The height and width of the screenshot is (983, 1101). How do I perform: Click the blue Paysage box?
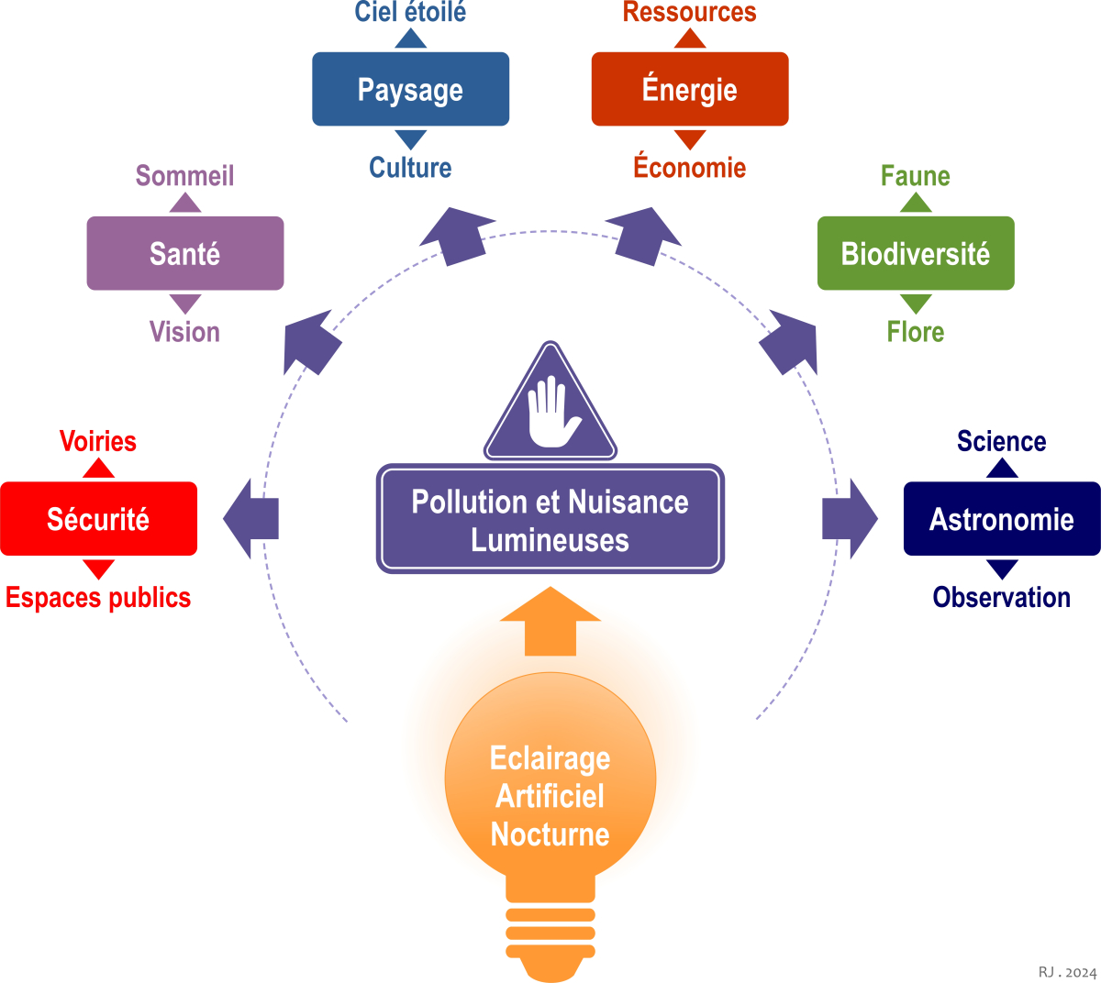410,89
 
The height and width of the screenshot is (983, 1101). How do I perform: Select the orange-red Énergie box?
690,89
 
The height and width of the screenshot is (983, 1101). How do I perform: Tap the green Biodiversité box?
916,253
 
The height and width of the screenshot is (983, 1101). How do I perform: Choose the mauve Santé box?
185,253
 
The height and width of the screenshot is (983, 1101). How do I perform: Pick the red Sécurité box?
98,519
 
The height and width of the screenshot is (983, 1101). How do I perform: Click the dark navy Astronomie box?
1002,519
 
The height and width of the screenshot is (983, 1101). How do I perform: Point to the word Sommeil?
185,175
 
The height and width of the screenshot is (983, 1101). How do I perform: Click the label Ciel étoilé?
410,12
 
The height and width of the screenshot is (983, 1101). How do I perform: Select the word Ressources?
690,12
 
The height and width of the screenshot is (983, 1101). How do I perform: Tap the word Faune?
916,175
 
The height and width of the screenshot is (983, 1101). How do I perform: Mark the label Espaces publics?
98,597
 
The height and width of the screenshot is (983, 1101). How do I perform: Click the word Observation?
1002,597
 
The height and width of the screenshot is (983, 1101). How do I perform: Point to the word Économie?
690,167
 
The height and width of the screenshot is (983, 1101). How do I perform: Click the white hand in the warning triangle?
552,412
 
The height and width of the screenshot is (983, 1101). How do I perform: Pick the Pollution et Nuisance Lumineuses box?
550,520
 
